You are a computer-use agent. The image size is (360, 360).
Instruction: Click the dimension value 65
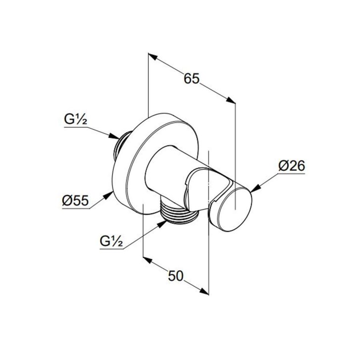tap(192, 79)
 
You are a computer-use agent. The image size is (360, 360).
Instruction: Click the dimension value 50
tap(176, 275)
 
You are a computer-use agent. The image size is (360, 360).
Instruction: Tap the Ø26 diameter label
tap(292, 166)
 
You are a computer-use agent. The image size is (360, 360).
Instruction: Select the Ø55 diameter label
tap(75, 201)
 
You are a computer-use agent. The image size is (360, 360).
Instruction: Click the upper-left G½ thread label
tap(76, 120)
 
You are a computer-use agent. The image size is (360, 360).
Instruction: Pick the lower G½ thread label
tap(111, 241)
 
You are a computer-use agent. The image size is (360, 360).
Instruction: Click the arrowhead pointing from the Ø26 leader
tap(256, 188)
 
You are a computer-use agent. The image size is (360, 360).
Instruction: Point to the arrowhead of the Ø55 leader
tap(108, 195)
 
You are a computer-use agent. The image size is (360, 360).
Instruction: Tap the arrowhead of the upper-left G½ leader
tap(114, 136)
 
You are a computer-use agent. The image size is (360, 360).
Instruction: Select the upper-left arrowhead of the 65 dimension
tap(153, 57)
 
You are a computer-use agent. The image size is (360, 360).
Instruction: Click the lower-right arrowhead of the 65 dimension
tap(231, 101)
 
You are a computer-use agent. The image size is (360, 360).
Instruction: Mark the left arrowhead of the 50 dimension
tap(148, 260)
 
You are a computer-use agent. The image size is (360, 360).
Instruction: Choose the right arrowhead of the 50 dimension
tap(204, 291)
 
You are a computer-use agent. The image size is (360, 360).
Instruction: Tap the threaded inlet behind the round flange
tap(121, 145)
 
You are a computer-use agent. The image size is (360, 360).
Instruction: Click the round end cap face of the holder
tap(235, 209)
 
